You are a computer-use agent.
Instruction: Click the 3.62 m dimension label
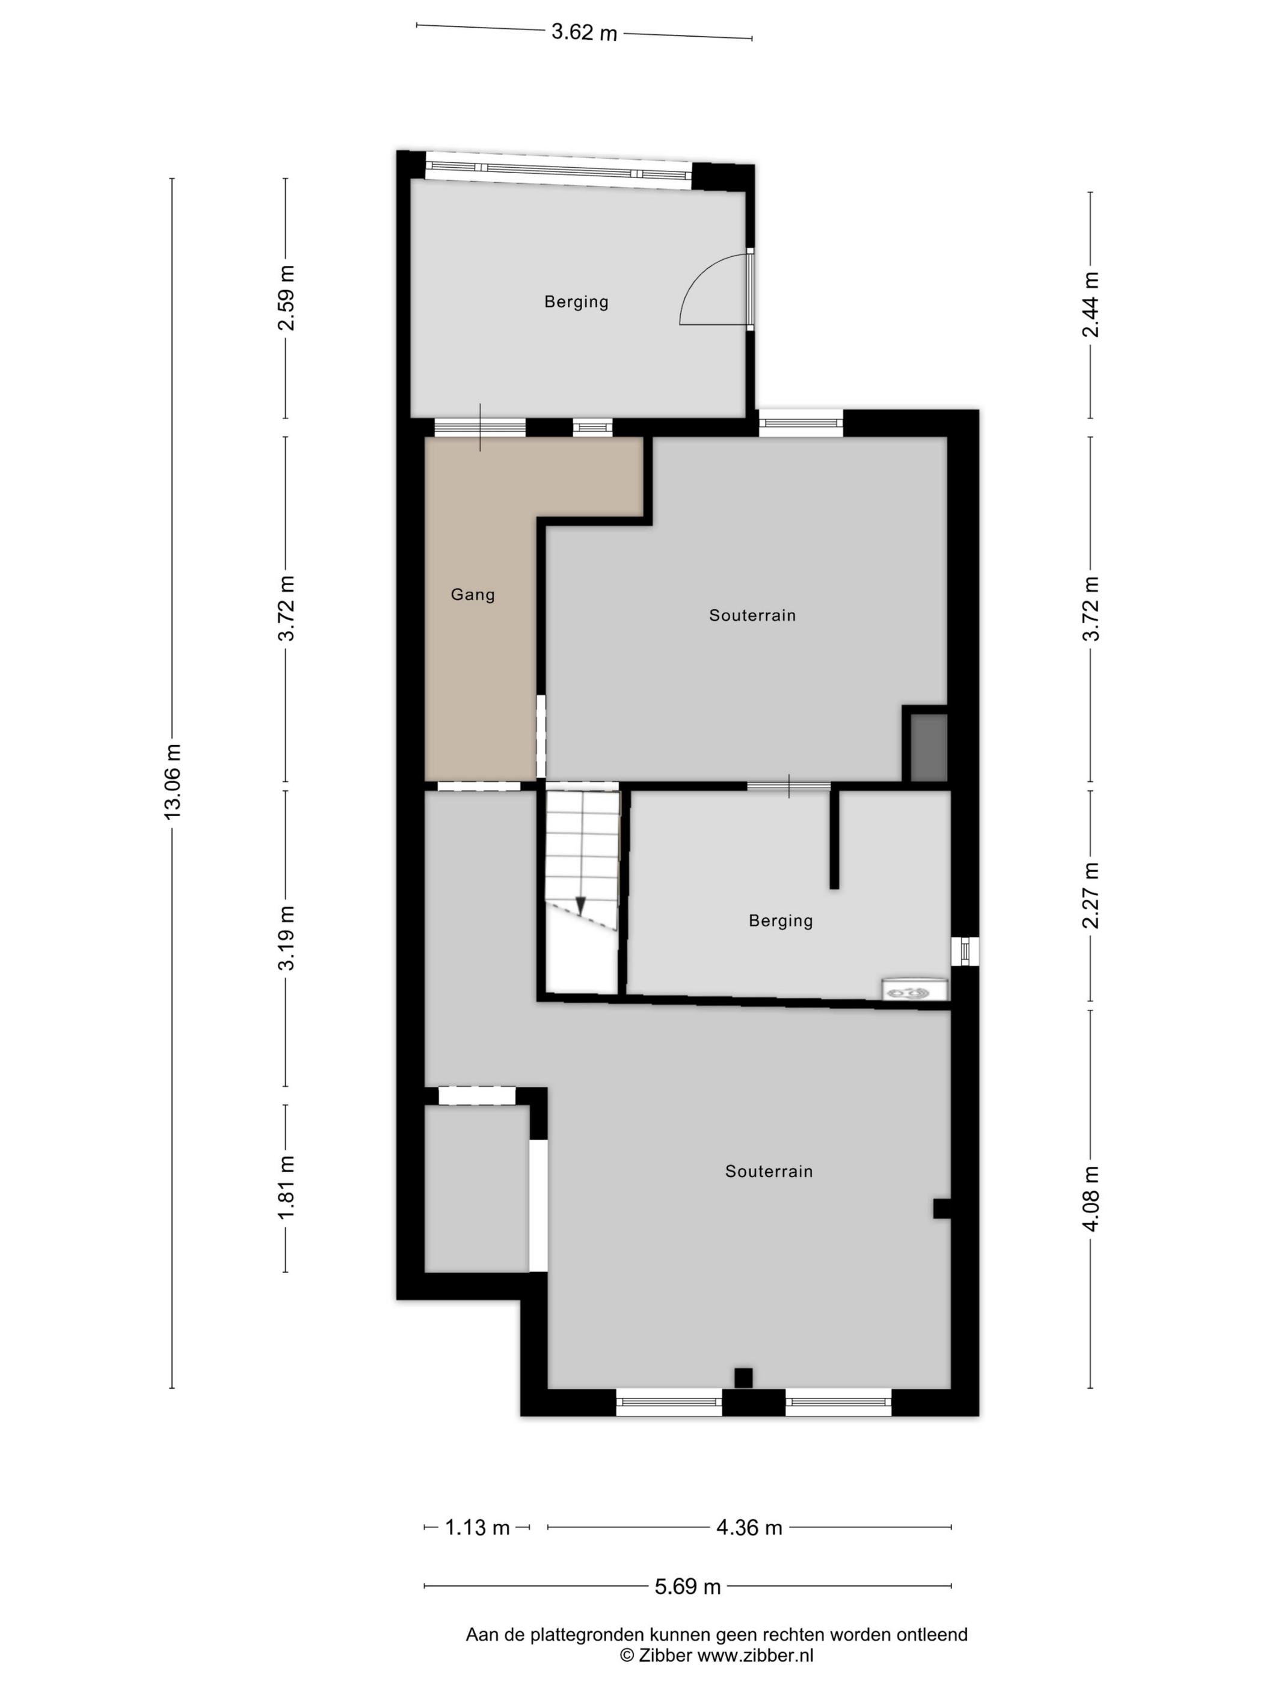pyautogui.click(x=584, y=32)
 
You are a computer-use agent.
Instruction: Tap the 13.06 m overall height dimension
pyautogui.click(x=174, y=781)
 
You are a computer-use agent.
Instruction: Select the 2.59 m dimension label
pyautogui.click(x=286, y=298)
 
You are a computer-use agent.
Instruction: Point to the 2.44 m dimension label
pyautogui.click(x=1091, y=304)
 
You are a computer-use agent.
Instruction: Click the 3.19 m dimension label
pyautogui.click(x=286, y=938)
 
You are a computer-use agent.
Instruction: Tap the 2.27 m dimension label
pyautogui.click(x=1091, y=896)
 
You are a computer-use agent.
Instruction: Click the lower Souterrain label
pyautogui.click(x=769, y=1172)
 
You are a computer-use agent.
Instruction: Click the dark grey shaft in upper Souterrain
pyautogui.click(x=929, y=747)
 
